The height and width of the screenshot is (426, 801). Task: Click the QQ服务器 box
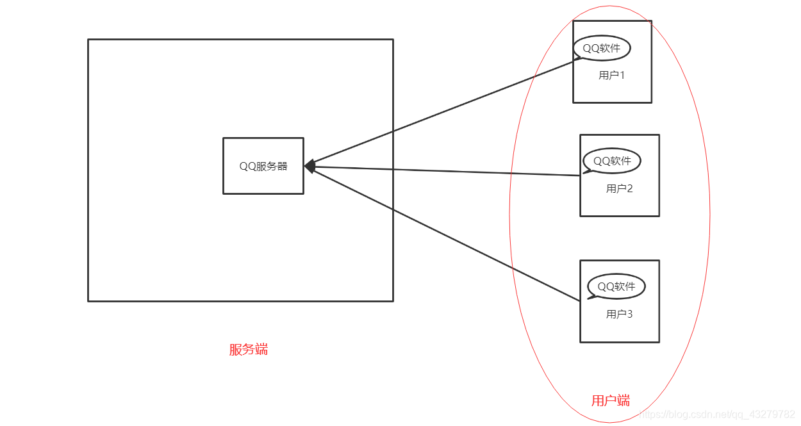tap(263, 165)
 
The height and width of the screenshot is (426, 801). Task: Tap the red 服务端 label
tap(249, 350)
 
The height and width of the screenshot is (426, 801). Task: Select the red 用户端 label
tap(610, 401)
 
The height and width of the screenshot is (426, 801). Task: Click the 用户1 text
tap(611, 76)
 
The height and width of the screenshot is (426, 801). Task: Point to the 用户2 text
tap(619, 189)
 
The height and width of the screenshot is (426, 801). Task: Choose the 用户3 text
tap(619, 315)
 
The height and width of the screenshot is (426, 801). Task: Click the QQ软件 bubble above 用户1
tap(602, 48)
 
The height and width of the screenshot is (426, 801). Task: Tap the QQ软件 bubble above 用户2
tap(612, 161)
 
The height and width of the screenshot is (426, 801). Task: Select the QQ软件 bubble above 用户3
tap(616, 286)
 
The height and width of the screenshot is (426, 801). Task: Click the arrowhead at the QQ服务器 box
tap(309, 167)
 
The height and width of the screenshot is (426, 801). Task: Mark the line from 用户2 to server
tap(449, 171)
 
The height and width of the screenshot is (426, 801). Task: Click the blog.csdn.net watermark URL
tap(718, 415)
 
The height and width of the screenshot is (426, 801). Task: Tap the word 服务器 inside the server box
tap(272, 167)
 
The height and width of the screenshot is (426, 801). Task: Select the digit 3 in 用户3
tap(629, 315)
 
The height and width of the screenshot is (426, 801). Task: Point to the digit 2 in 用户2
tap(629, 189)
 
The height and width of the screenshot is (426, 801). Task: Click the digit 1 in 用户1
tap(622, 76)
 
